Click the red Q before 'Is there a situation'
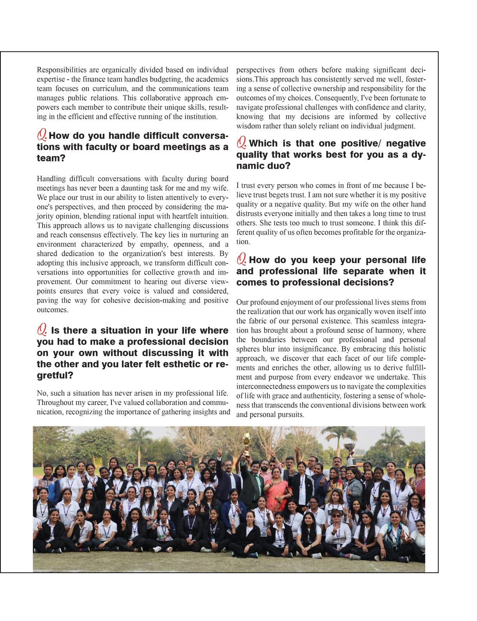(x=42, y=330)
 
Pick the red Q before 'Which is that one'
(x=241, y=143)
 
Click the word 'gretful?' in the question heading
(x=55, y=376)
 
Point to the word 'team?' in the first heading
(x=51, y=158)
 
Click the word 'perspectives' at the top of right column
(x=255, y=70)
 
